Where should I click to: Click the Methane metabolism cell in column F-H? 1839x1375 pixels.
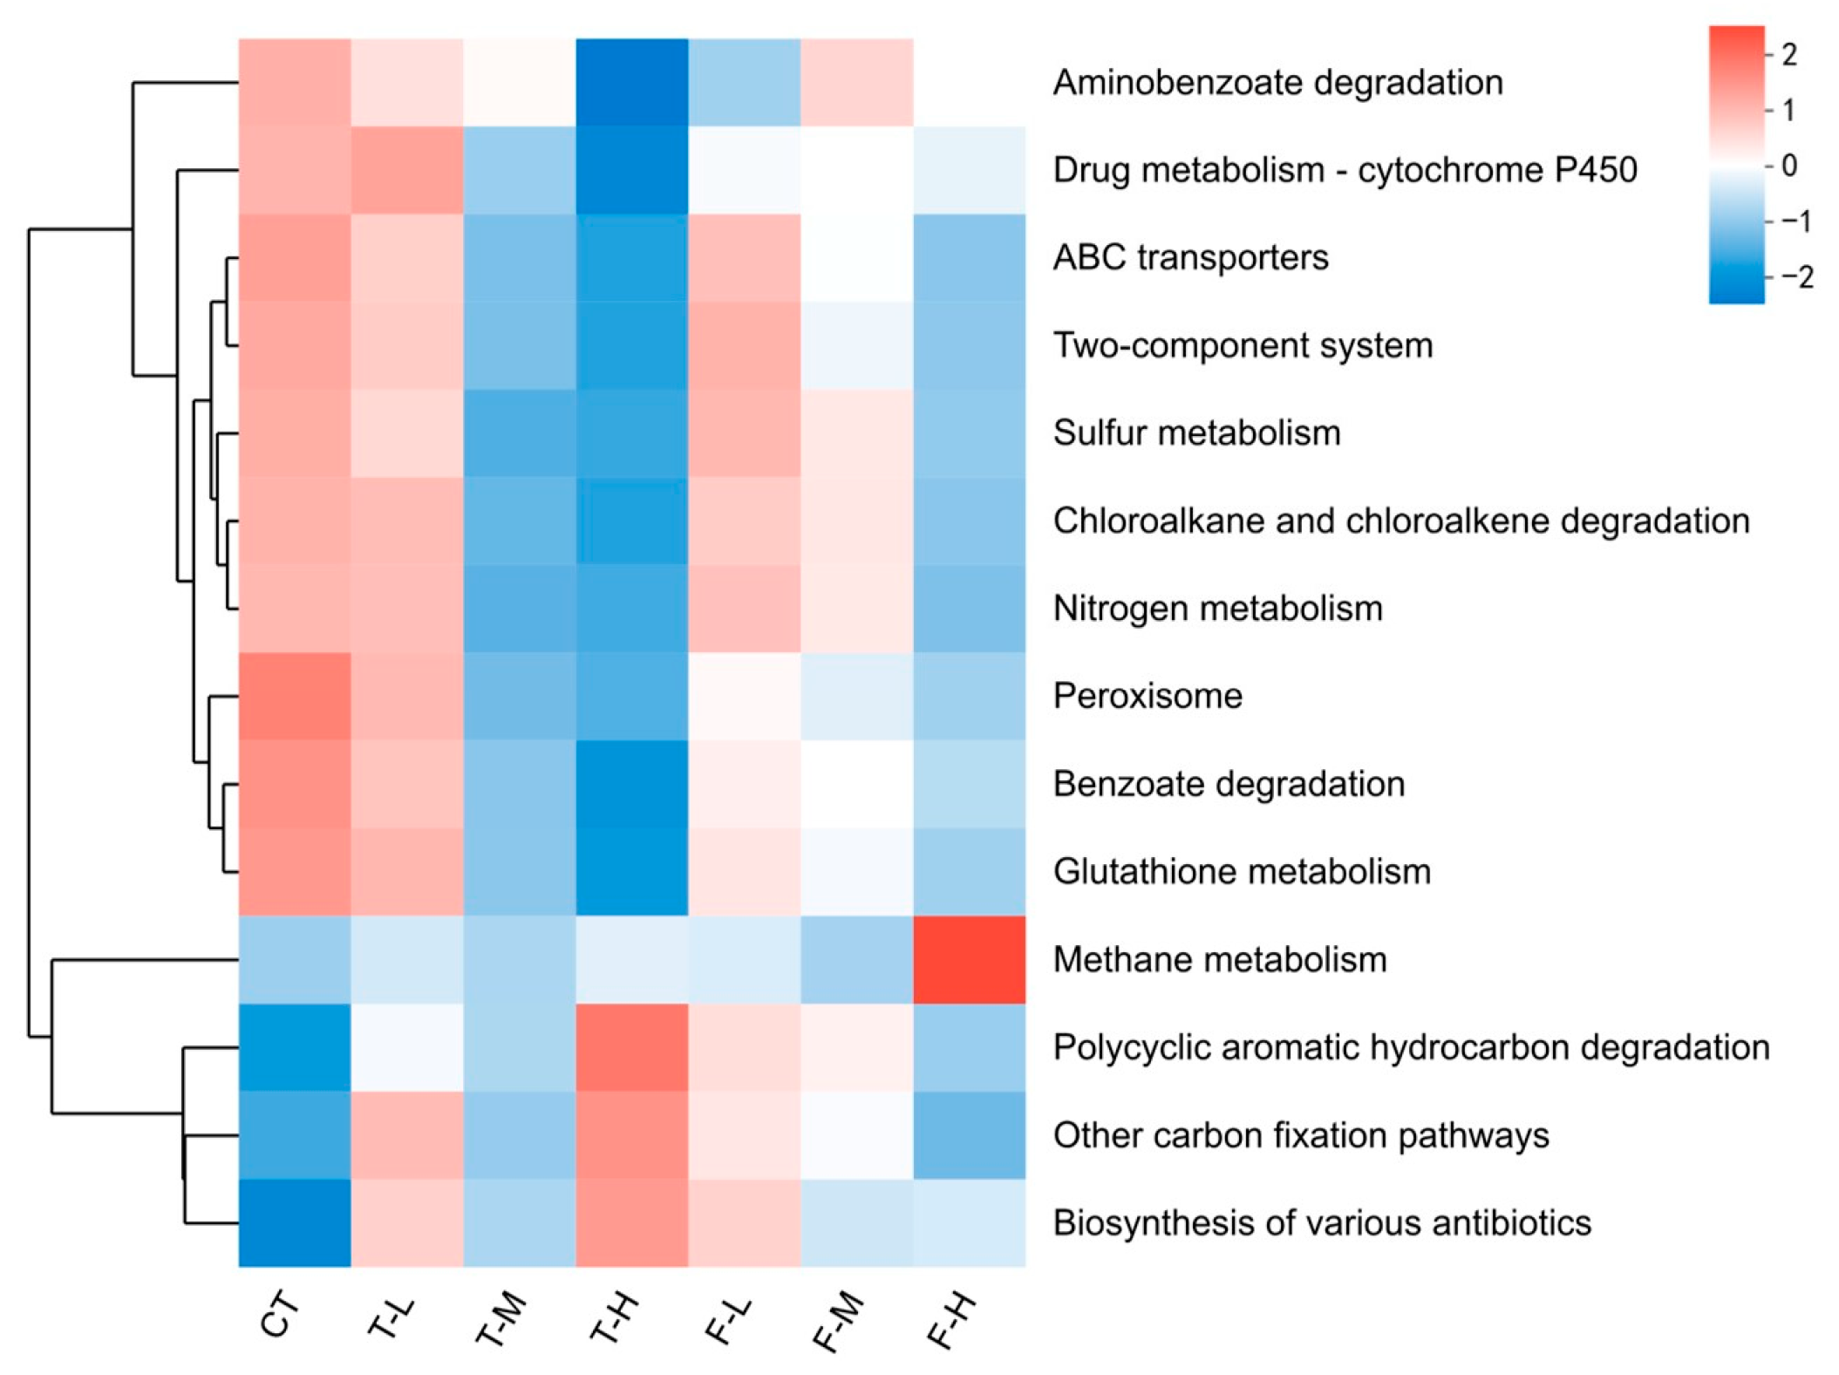click(x=969, y=959)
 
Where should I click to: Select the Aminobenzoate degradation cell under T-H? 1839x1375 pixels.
click(x=632, y=83)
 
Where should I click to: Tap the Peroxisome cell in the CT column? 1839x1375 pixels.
click(x=295, y=696)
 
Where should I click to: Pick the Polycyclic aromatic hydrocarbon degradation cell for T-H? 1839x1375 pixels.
click(x=632, y=1047)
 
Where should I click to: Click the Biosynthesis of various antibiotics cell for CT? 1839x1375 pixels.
click(x=295, y=1222)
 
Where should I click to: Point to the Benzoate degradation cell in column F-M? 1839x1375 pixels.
click(x=856, y=784)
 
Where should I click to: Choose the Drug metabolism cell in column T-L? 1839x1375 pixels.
click(x=407, y=170)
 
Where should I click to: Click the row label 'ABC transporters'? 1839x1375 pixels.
click(x=1190, y=257)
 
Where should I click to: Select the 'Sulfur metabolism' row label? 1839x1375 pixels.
click(x=1196, y=433)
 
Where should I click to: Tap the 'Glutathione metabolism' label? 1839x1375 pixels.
click(x=1242, y=871)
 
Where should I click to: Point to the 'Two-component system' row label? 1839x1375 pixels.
click(x=1243, y=345)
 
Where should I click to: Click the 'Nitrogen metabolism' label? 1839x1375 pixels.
click(x=1217, y=609)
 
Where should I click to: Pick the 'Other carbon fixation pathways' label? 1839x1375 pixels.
click(x=1301, y=1135)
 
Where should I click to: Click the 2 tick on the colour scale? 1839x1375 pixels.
click(x=1789, y=55)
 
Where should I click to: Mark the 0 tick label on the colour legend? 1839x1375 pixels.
click(x=1789, y=166)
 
